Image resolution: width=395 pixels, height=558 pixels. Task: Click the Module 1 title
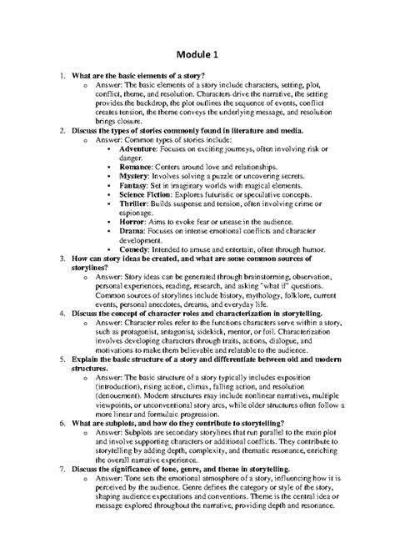click(197, 54)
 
